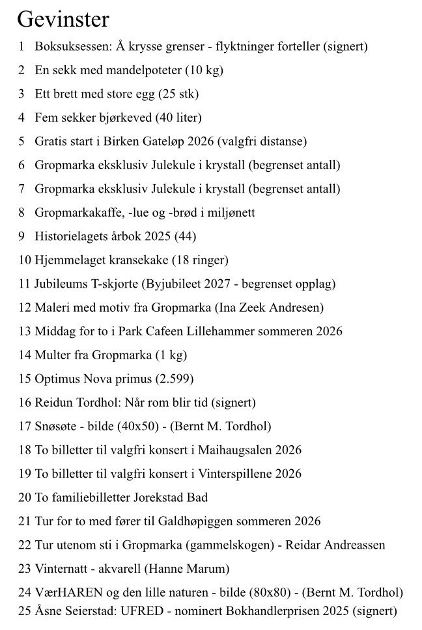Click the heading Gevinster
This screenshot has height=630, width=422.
click(x=63, y=20)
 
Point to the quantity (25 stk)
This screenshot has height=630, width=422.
click(x=178, y=94)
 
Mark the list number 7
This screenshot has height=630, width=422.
click(x=21, y=189)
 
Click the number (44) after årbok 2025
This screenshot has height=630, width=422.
click(x=185, y=236)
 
